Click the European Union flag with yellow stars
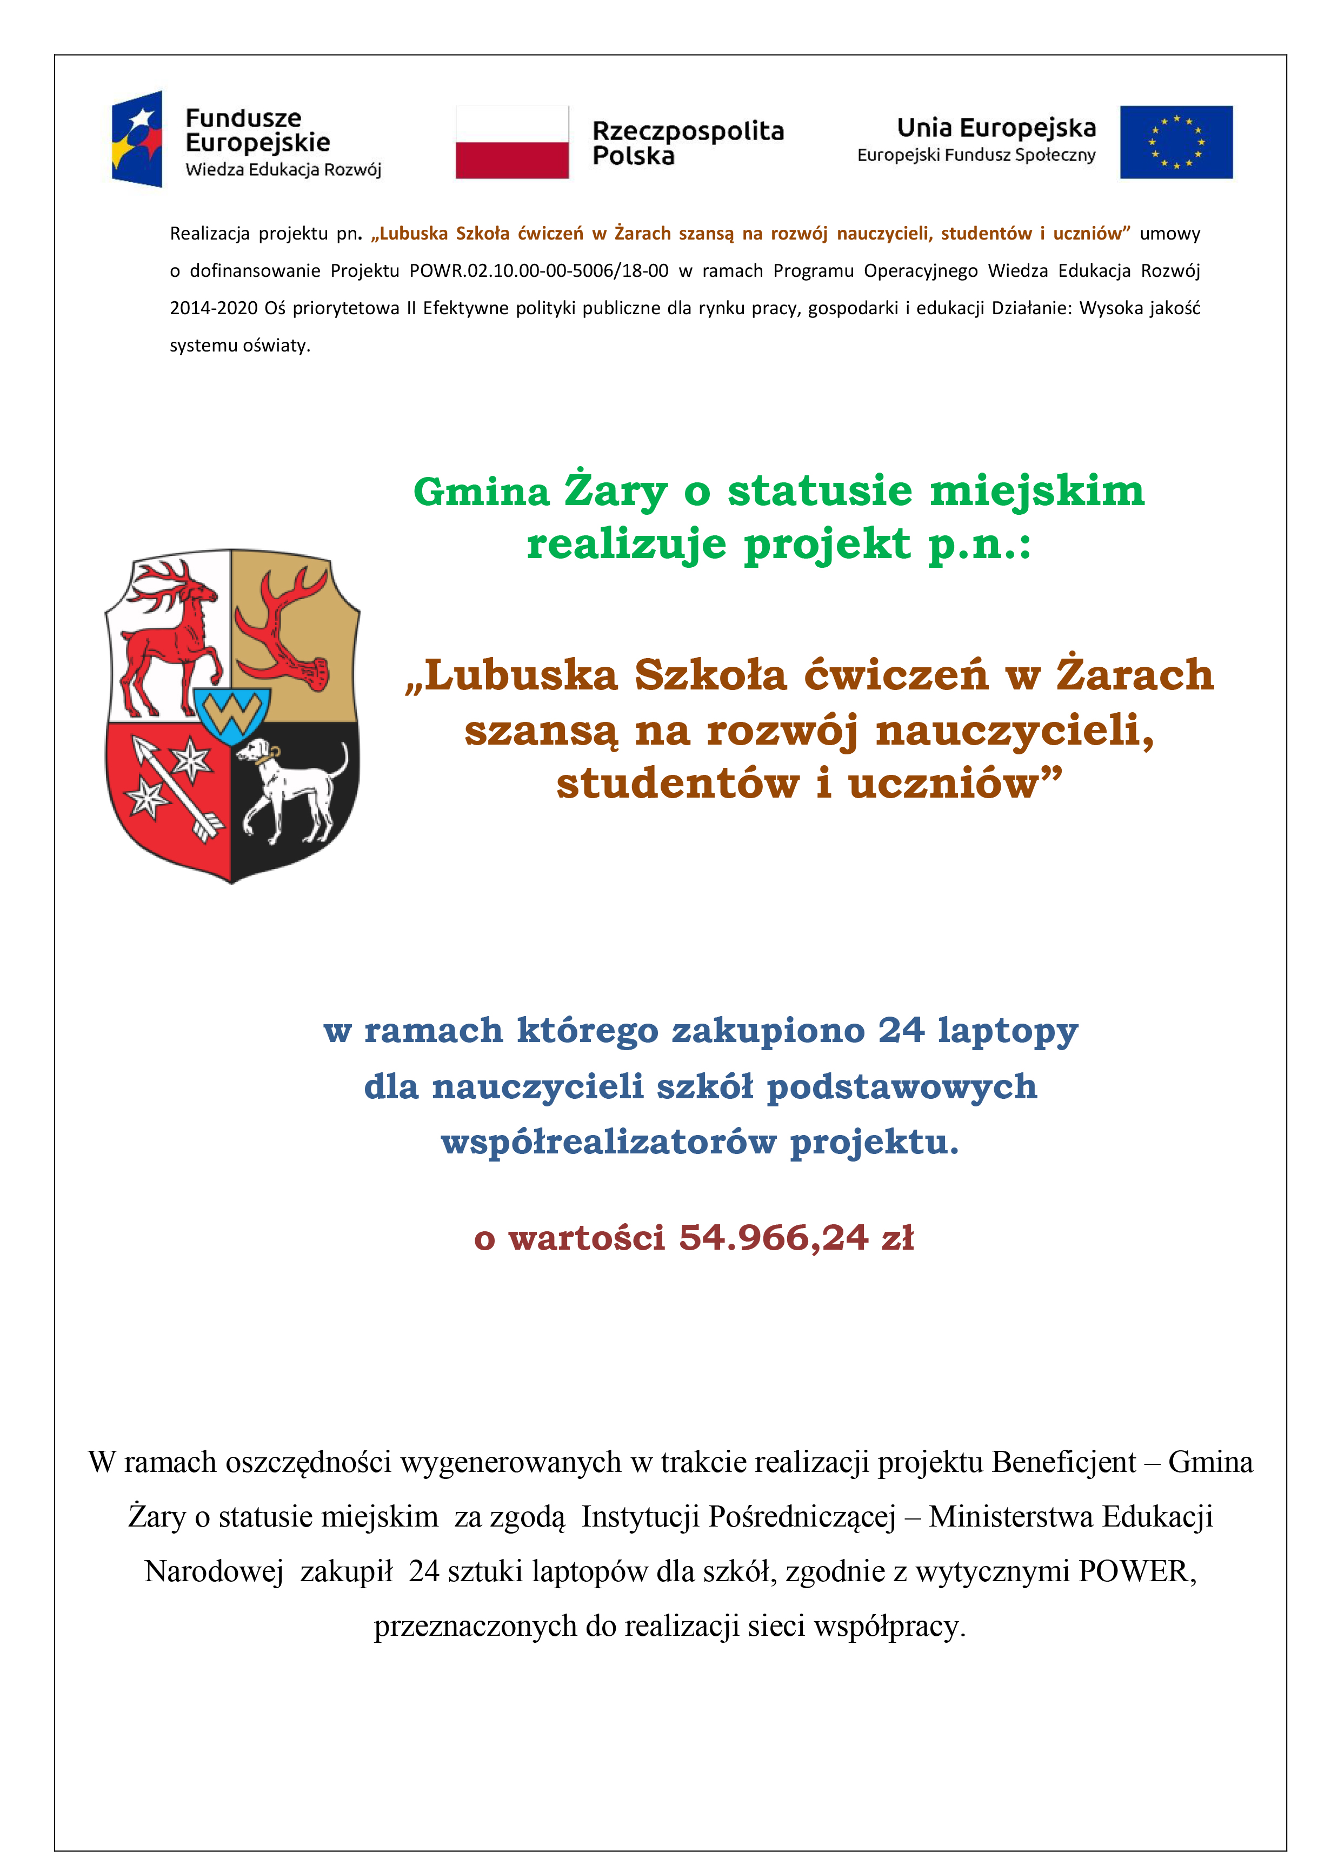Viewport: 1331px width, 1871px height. pos(1175,142)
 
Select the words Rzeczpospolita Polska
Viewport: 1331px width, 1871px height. pos(687,143)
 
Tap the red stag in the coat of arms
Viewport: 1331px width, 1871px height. pos(168,635)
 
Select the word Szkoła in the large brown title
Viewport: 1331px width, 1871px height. pos(710,676)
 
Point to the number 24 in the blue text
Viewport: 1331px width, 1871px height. pos(901,1030)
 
